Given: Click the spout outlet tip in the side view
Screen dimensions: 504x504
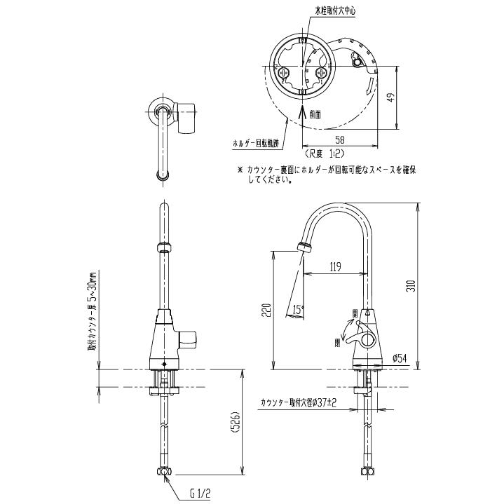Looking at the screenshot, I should click(x=304, y=247).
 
